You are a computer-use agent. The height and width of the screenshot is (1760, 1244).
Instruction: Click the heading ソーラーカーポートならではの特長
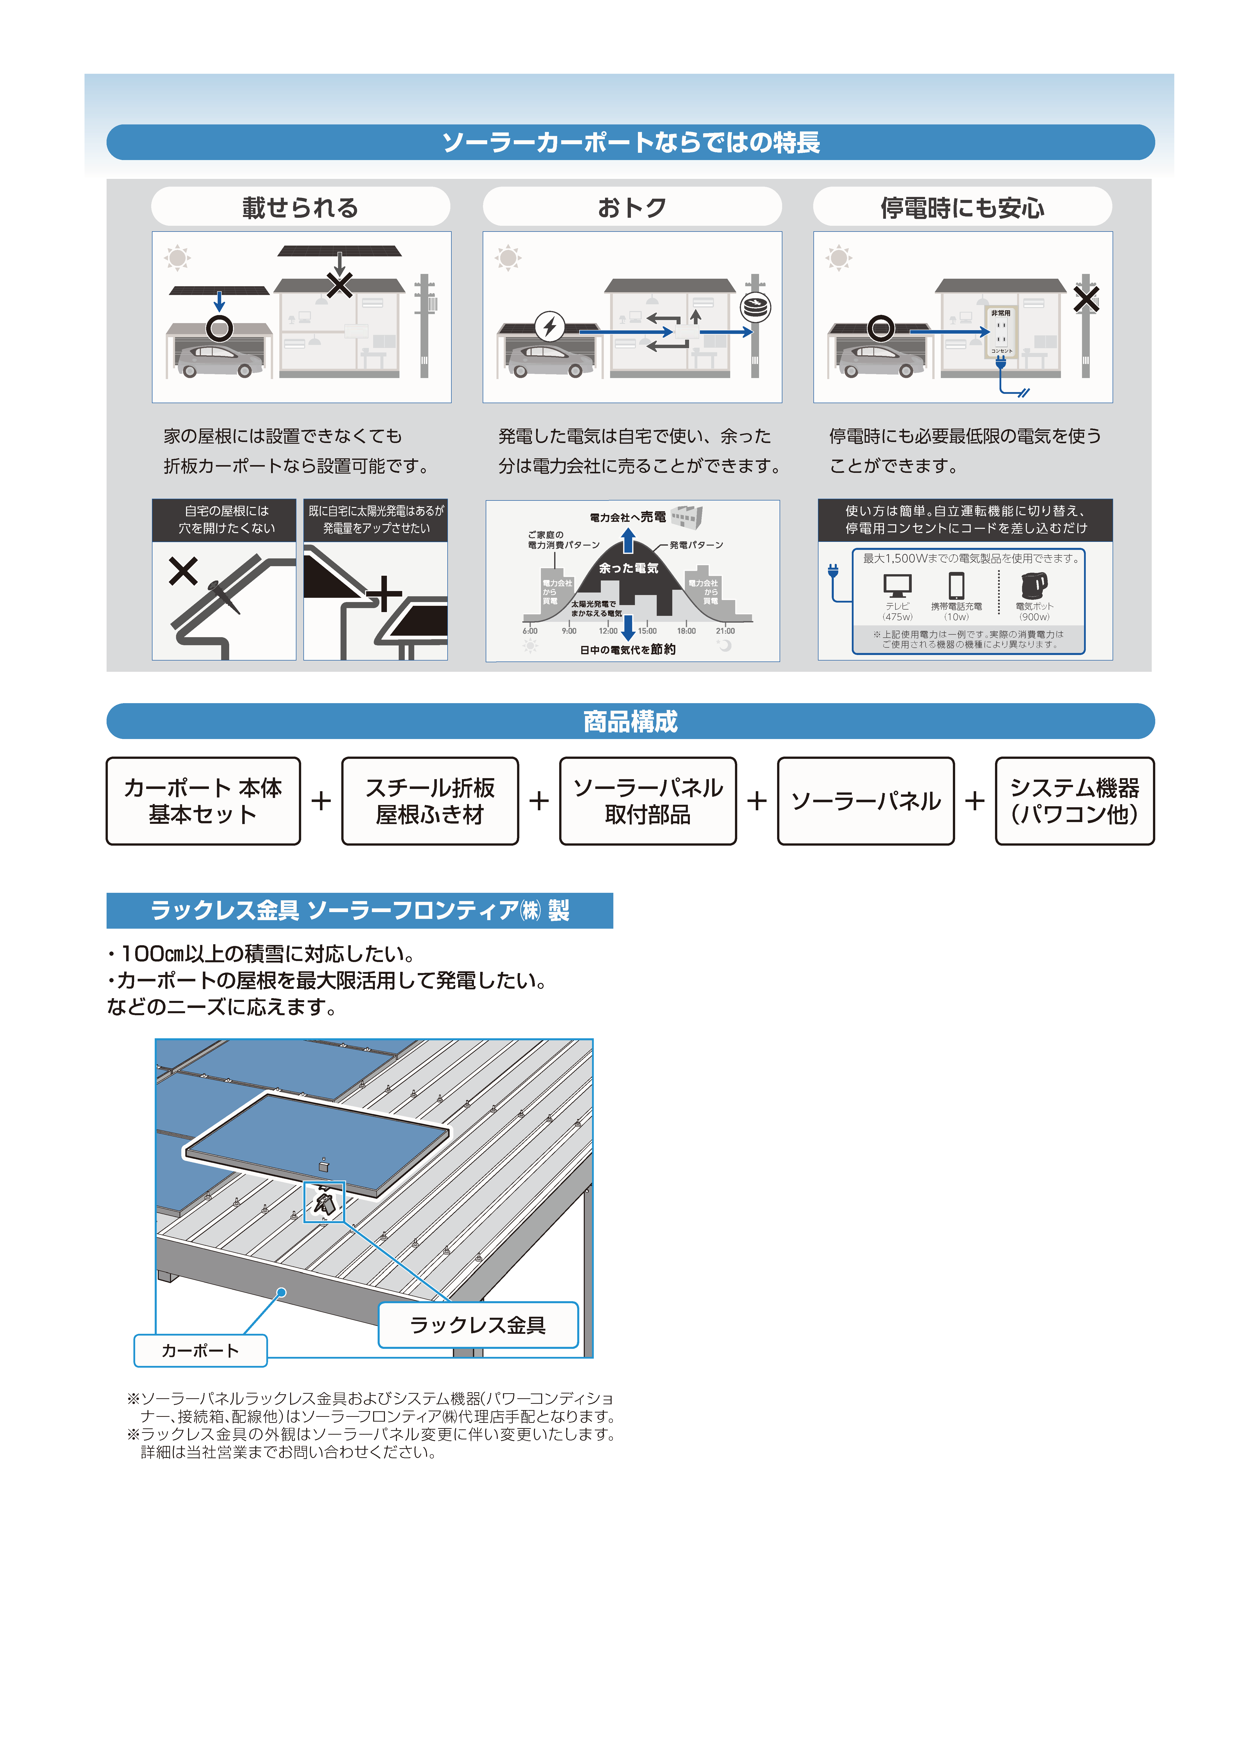point(630,142)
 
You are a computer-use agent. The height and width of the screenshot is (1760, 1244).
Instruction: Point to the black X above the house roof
point(340,285)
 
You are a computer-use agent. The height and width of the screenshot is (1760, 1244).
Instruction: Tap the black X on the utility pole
point(1085,299)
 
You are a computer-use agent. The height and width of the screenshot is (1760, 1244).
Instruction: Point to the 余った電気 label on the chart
point(628,568)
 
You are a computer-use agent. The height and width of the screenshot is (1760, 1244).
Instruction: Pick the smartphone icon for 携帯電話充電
point(956,586)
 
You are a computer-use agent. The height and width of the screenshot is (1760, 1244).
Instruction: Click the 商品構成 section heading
point(630,721)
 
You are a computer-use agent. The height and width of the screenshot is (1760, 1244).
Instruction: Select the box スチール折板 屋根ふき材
point(430,801)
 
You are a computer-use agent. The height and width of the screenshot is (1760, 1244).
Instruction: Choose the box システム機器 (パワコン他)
point(1074,801)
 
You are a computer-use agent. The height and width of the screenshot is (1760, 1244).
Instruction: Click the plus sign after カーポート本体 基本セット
point(321,801)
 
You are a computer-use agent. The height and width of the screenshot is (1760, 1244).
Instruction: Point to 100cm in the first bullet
point(152,954)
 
